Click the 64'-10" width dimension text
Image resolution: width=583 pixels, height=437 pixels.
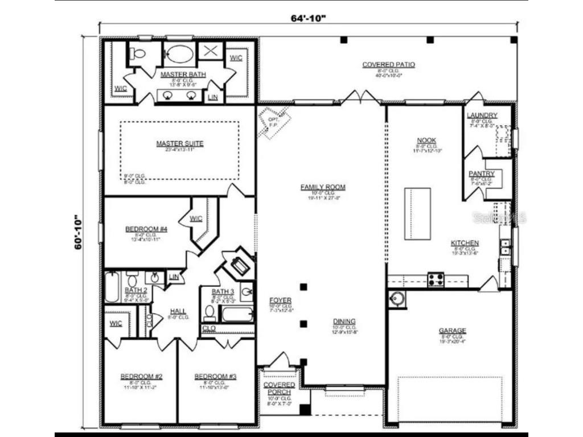point(308,18)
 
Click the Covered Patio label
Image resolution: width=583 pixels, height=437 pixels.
point(388,65)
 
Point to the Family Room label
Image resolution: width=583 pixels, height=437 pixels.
point(323,187)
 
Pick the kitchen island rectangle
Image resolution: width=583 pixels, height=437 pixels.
point(417,213)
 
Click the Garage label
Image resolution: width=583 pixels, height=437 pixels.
point(452,331)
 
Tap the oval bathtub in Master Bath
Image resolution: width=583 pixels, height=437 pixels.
point(179,55)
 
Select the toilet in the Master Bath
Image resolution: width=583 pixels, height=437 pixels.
point(138,54)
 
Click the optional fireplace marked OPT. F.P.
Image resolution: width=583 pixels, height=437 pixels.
point(274,122)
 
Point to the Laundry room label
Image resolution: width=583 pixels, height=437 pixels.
point(482,116)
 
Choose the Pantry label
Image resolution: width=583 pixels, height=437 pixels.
point(481,174)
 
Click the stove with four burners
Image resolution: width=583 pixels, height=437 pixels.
point(436,279)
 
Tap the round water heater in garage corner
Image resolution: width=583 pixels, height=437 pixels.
point(397,298)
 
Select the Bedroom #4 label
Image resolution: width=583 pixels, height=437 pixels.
point(146,229)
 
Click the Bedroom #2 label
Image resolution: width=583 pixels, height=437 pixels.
point(141,377)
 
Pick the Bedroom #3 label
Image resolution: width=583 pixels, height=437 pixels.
point(215,377)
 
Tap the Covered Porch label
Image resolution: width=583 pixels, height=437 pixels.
point(279,389)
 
